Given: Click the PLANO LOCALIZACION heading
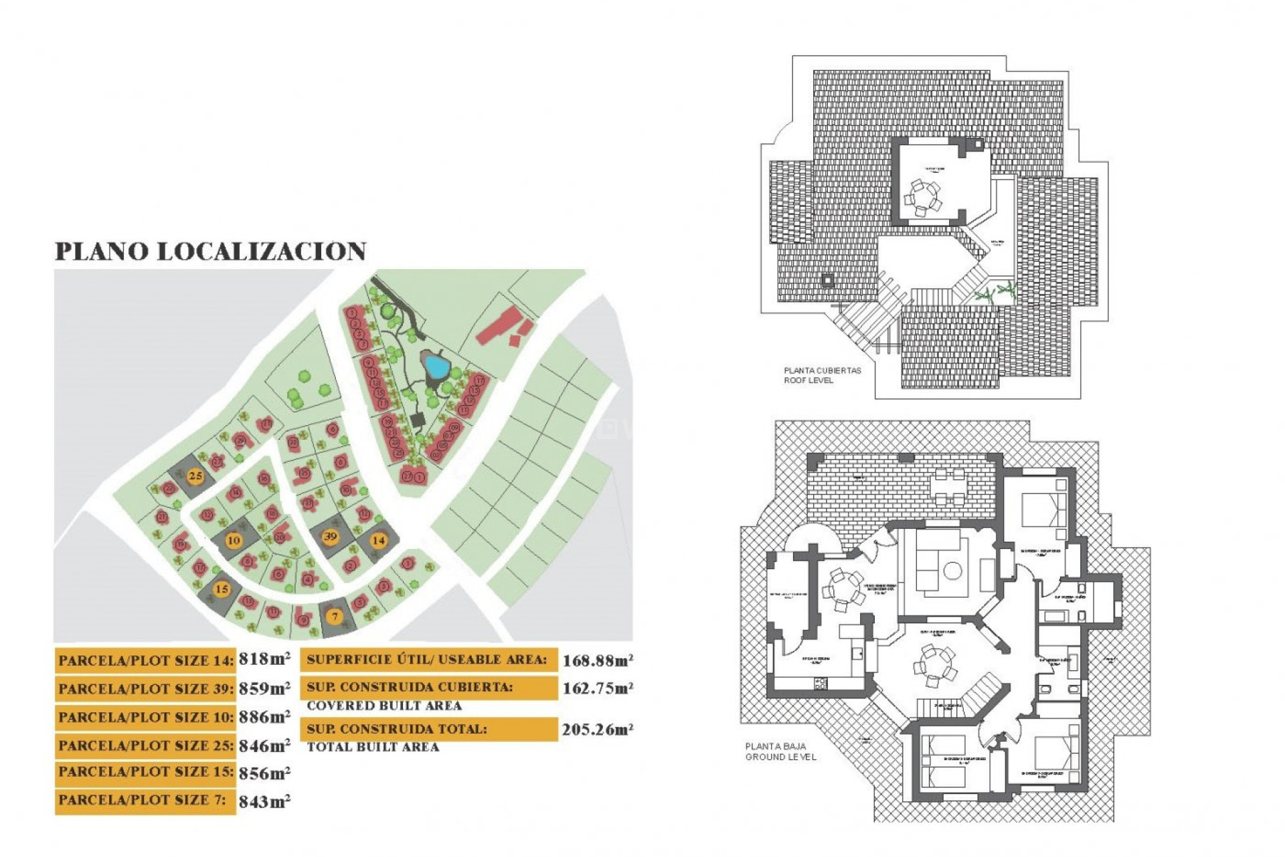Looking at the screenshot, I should [x=210, y=252].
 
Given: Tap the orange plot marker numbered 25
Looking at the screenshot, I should [x=195, y=477].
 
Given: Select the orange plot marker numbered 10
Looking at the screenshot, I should [x=234, y=540].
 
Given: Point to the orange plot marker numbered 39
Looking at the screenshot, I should [x=330, y=536].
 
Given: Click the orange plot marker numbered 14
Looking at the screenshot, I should [x=379, y=540].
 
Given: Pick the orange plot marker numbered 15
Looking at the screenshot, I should [x=222, y=589].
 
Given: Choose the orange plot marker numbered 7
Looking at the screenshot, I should [x=335, y=616].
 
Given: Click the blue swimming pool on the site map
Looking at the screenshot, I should [x=436, y=366].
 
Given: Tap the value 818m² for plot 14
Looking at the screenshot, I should [x=264, y=659].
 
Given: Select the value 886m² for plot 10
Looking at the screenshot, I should [x=264, y=716].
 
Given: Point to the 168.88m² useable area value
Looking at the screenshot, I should [x=598, y=661].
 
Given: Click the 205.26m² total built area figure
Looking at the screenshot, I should [x=598, y=730].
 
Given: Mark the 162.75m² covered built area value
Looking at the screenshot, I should [x=598, y=688].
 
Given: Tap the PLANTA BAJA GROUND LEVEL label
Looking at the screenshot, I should [x=780, y=751].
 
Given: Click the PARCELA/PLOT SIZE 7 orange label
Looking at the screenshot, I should [x=145, y=801].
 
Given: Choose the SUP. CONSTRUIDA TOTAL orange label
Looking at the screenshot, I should [x=428, y=729].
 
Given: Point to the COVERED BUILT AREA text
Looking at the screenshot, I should [x=384, y=706].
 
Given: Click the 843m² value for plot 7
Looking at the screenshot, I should [x=264, y=801].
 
